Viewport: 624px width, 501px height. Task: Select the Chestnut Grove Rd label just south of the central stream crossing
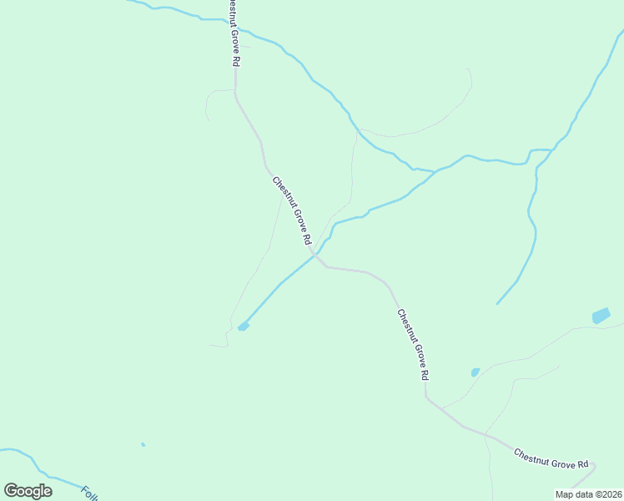point(412,345)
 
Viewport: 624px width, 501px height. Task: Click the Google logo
point(28,491)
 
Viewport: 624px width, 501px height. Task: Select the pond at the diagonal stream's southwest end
point(243,326)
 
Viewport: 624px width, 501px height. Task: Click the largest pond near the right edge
point(601,316)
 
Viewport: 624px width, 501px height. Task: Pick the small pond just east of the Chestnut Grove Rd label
point(475,372)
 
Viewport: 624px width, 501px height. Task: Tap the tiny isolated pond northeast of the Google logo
point(143,444)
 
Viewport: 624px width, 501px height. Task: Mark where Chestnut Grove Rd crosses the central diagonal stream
point(315,256)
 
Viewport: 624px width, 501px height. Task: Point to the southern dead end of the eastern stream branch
point(497,303)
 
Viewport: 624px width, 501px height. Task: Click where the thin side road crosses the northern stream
point(357,129)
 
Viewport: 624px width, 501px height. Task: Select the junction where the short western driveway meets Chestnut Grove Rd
point(235,89)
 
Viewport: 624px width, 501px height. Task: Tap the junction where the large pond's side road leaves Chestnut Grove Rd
point(440,408)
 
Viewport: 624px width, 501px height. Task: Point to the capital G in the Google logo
point(12,491)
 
